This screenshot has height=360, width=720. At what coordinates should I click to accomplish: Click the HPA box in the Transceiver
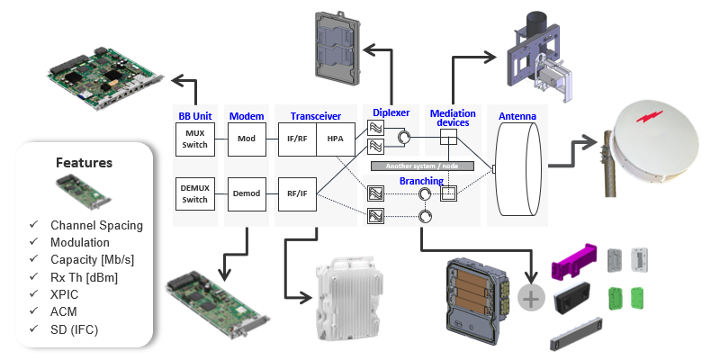point(335,139)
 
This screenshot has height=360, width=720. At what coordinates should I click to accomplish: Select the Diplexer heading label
point(391,113)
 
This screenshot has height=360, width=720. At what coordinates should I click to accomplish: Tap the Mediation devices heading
point(453,118)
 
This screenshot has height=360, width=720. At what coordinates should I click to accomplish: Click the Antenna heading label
point(517,117)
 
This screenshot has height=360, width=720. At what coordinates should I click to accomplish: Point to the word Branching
point(422,181)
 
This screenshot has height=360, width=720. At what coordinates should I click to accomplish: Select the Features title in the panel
point(84,164)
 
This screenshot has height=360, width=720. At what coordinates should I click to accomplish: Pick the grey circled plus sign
point(531,298)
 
